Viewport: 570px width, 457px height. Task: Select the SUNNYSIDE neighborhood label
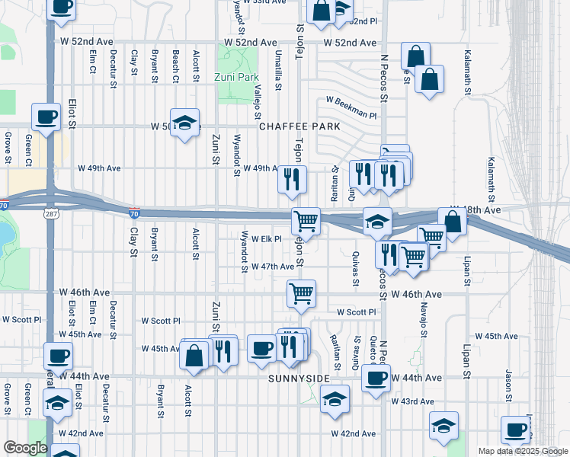click(299, 379)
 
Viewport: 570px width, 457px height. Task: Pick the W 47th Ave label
click(273, 267)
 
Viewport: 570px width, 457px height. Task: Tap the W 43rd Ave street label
click(413, 401)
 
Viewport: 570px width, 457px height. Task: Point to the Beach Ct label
click(175, 67)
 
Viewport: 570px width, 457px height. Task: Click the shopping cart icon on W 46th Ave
click(302, 293)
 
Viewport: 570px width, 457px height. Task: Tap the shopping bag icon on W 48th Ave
click(453, 222)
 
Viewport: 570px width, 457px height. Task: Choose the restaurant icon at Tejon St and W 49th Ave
click(292, 180)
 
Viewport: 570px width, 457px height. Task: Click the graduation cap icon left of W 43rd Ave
click(335, 398)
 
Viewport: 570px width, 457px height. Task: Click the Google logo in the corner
click(24, 447)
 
